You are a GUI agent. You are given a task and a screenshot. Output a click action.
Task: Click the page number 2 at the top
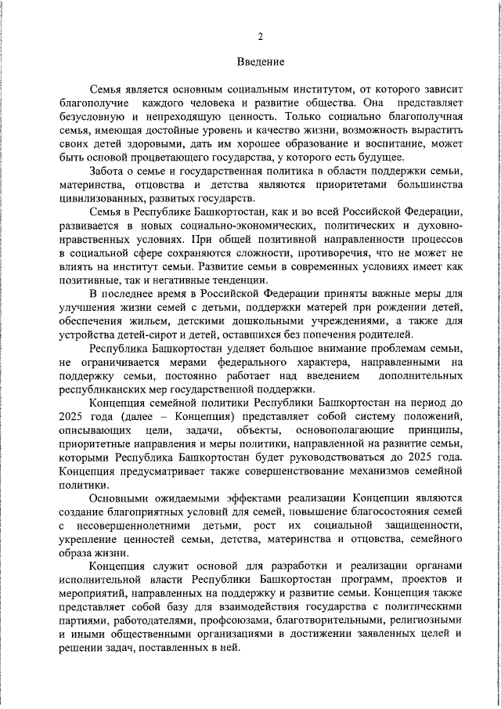pyautogui.click(x=260, y=36)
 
